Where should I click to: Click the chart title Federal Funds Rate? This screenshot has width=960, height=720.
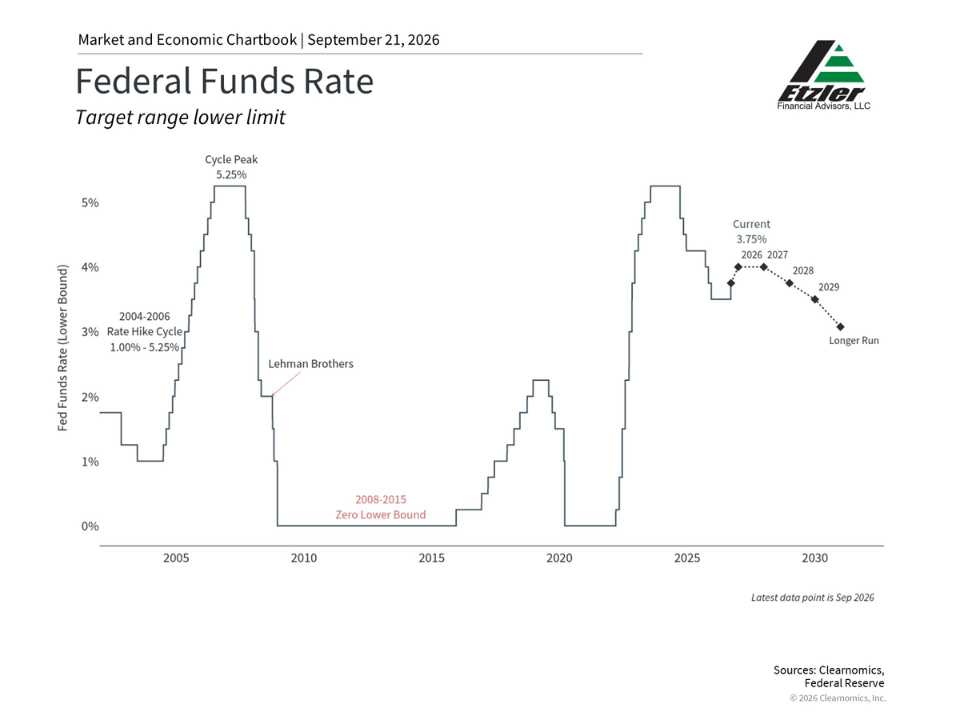pos(224,82)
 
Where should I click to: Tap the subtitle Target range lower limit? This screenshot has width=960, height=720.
pos(180,117)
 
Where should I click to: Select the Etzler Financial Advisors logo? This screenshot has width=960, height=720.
pos(822,74)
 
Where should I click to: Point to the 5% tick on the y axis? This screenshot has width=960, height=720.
pos(90,203)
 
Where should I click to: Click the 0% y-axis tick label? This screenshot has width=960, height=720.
pos(90,526)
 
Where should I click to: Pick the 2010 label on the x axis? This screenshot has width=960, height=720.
pos(304,558)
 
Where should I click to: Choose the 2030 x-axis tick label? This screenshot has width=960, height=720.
pos(814,558)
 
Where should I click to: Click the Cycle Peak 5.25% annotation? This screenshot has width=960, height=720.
pos(231,167)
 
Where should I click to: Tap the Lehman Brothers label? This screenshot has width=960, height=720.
pos(310,364)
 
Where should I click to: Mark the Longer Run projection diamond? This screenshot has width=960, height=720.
pos(840,327)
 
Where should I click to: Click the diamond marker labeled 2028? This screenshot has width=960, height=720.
pos(790,283)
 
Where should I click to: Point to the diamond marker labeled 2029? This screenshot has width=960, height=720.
pos(814,299)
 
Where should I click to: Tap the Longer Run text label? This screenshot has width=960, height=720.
pos(854,341)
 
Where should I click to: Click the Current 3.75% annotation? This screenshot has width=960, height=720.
pos(751,232)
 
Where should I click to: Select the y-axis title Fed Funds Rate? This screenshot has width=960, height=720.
pos(63,348)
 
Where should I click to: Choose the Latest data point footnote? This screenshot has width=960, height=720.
pos(813,598)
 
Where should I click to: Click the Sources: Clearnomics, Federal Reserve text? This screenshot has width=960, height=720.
pos(829,677)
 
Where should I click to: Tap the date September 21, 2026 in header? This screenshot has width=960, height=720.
pos(373,40)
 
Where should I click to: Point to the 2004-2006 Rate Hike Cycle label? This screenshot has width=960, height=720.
pos(145,332)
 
